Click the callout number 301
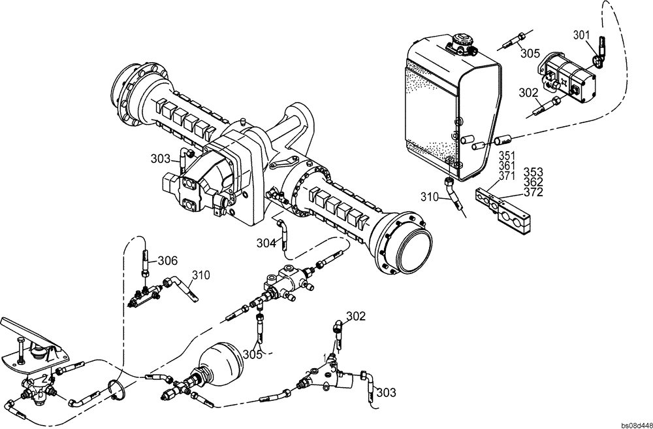pyautogui.click(x=582, y=34)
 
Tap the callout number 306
pyautogui.click(x=168, y=260)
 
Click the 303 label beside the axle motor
pyautogui.click(x=160, y=159)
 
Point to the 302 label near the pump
pyautogui.click(x=528, y=94)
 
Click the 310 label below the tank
pyautogui.click(x=430, y=196)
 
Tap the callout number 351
pyautogui.click(x=507, y=156)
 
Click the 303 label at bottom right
pyautogui.click(x=386, y=392)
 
